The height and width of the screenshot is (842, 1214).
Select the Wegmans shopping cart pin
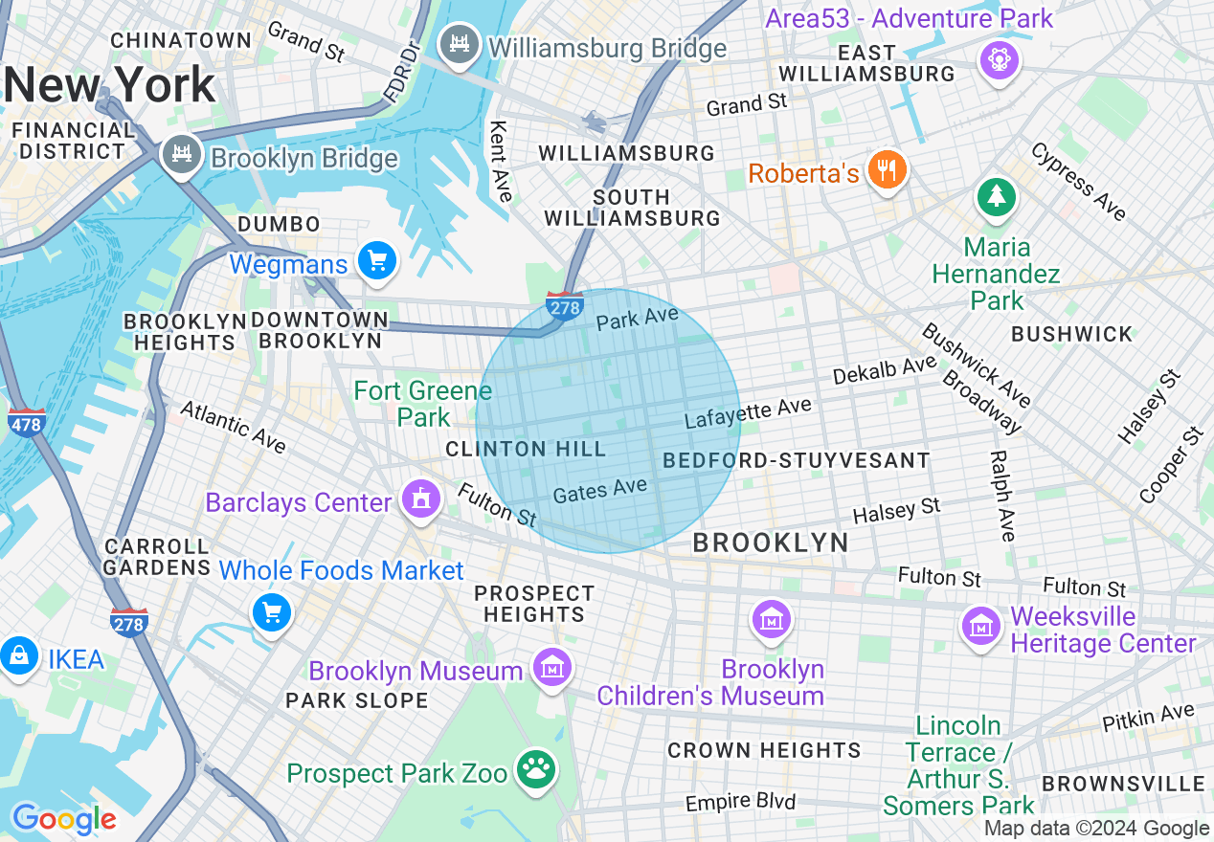point(376,260)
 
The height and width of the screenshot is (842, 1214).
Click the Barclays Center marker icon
point(420,499)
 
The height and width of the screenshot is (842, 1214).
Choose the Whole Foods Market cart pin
point(272,612)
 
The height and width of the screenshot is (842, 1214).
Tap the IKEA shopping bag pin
point(17,657)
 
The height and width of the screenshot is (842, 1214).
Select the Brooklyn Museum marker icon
point(552,668)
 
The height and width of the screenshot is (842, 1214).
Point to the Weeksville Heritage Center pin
point(981,627)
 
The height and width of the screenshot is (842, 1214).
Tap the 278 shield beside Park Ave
point(565,305)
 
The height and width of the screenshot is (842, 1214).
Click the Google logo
point(64,819)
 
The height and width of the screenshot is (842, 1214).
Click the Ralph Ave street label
point(1002,496)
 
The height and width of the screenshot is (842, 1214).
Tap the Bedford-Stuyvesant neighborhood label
point(796,460)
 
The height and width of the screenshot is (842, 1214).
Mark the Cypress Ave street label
point(1078,182)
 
